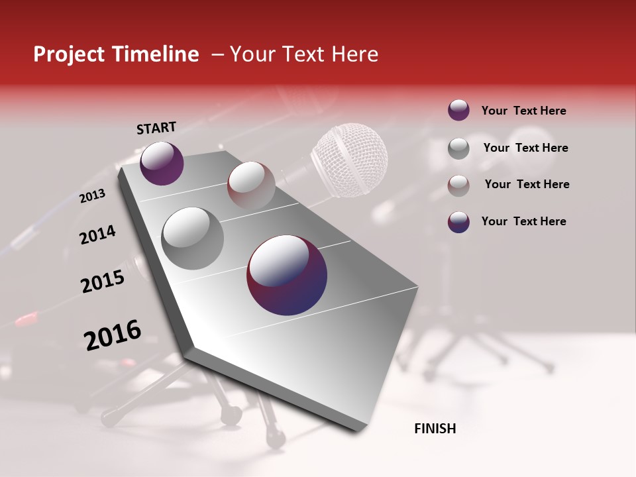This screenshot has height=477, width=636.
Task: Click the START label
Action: (156, 128)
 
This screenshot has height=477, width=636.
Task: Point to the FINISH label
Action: (435, 429)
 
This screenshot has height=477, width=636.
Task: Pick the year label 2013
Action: (92, 196)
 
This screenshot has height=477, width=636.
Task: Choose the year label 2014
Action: (97, 235)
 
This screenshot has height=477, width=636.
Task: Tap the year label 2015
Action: (103, 282)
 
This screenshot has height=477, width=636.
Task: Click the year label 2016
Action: (113, 335)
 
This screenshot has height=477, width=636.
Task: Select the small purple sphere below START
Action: (162, 163)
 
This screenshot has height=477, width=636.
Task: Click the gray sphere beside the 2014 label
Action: (193, 238)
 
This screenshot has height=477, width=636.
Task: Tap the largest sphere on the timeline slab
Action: (287, 275)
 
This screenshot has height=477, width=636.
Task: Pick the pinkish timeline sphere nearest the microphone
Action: (251, 185)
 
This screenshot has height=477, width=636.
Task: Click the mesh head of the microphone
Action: (349, 160)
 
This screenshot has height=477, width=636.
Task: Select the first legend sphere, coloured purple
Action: (458, 110)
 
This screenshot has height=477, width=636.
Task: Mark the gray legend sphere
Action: (458, 148)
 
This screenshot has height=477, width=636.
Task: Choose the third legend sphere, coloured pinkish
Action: (458, 185)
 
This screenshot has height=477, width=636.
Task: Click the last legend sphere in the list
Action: (458, 222)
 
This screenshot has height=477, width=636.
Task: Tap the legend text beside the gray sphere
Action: (526, 148)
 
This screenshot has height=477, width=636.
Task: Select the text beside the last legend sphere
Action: (523, 221)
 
